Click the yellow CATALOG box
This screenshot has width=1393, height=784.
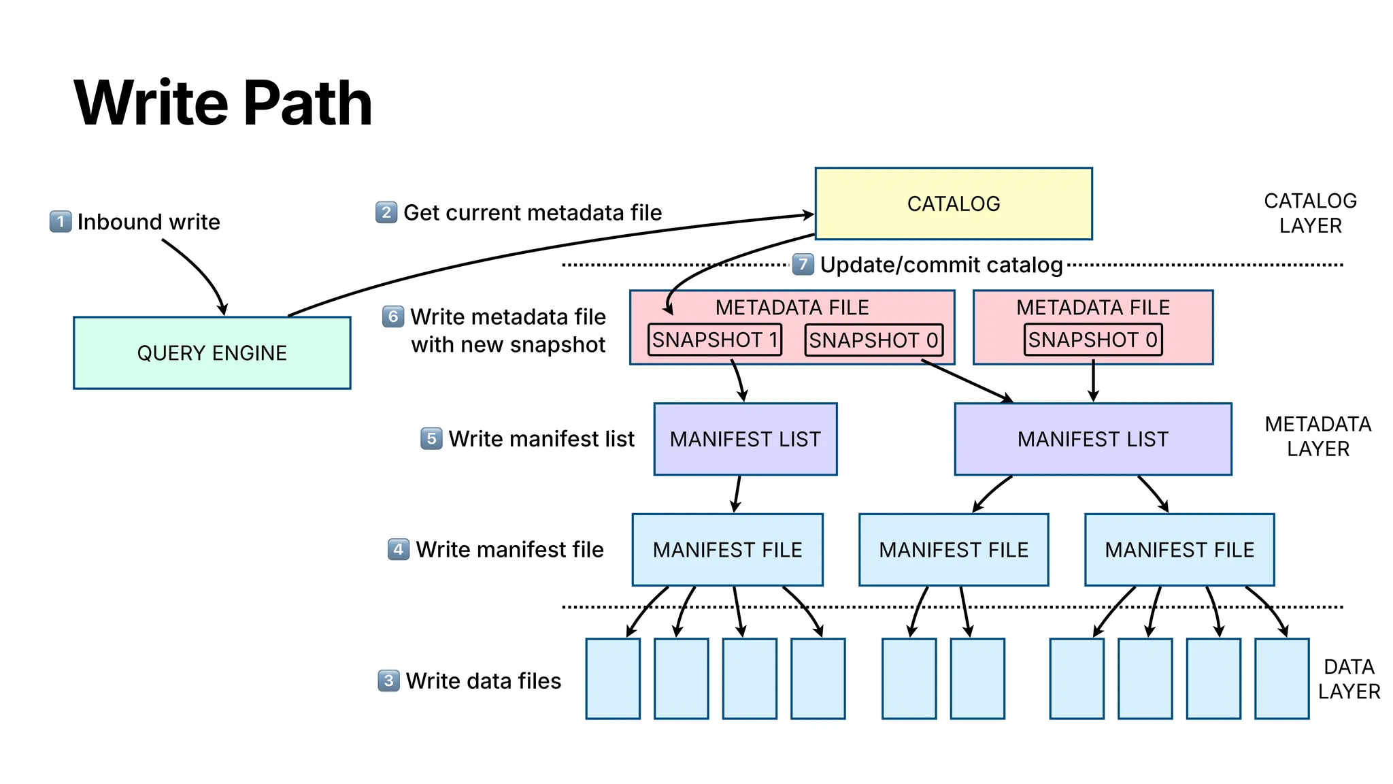pos(953,203)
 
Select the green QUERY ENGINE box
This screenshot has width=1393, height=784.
pos(212,353)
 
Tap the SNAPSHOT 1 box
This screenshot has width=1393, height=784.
pos(714,340)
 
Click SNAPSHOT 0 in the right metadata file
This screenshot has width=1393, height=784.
pos(1092,340)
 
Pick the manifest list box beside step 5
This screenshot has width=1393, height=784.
pos(745,439)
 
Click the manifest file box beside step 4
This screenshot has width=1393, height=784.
pos(727,549)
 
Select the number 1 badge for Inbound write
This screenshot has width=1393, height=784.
pos(61,221)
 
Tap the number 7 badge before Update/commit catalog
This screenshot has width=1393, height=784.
pos(803,264)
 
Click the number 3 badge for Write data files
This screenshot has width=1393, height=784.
pos(388,680)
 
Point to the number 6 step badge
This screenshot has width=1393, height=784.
pos(393,316)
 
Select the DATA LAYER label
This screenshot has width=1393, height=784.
pos(1348,679)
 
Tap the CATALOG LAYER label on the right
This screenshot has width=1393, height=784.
pos(1310,213)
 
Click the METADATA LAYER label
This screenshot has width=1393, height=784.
pos(1318,436)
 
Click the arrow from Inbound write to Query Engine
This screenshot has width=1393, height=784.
pos(201,272)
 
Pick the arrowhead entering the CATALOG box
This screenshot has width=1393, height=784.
pos(807,215)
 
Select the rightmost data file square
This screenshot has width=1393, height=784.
pos(1281,679)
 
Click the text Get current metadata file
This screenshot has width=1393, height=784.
pos(532,212)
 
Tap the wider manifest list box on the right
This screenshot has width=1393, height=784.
pos(1092,439)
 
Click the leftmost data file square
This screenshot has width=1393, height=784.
pos(612,679)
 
